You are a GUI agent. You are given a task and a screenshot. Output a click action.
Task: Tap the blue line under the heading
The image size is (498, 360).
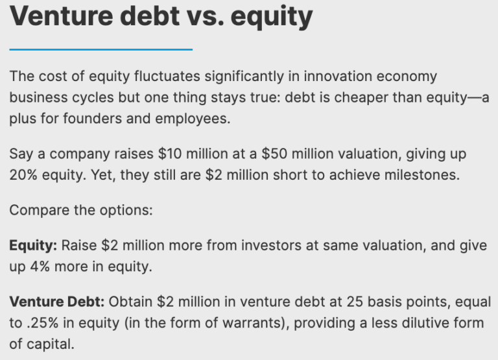click(x=101, y=49)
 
